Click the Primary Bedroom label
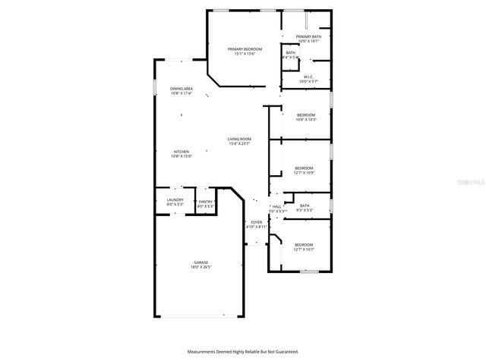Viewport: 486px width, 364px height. click(245, 49)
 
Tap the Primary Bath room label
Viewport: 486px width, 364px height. click(308, 36)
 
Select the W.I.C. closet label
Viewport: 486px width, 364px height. click(308, 76)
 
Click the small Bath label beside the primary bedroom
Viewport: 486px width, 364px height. click(290, 52)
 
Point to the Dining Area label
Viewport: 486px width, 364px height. click(181, 89)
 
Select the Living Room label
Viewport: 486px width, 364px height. click(239, 139)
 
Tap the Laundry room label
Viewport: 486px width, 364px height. click(175, 201)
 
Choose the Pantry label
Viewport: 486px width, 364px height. click(205, 201)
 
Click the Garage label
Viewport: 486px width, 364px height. click(200, 262)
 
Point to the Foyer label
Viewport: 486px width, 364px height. click(257, 222)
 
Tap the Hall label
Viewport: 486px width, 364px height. click(277, 206)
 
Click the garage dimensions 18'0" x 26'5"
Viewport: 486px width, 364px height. click(200, 267)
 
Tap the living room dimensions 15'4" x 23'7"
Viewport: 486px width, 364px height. click(239, 143)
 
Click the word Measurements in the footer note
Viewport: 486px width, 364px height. click(207, 352)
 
